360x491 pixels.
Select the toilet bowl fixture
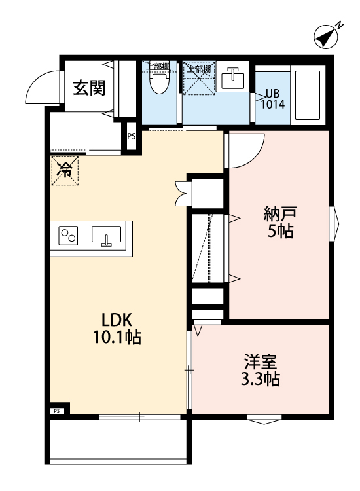[x=158, y=82]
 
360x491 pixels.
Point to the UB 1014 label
[x=272, y=98]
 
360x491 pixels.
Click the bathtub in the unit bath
[x=306, y=95]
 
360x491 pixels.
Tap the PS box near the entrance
[x=132, y=137]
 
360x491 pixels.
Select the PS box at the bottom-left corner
[x=57, y=411]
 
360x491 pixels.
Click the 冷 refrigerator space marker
[x=65, y=171]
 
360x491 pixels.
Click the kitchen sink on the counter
[x=105, y=236]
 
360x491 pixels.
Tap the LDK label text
[x=117, y=320]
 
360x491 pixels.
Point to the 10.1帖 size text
[x=117, y=338]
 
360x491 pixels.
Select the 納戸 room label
[x=279, y=213]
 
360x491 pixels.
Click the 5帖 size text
[x=279, y=231]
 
